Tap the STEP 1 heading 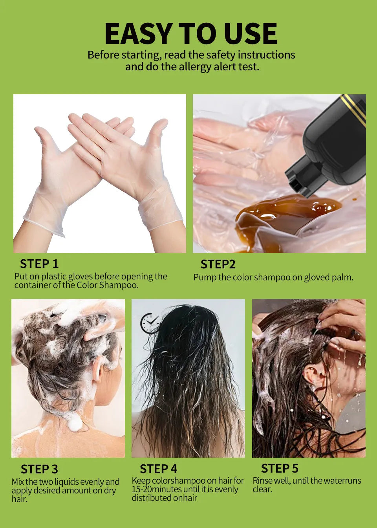click(39, 264)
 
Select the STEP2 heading click(218, 264)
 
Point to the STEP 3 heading click(39, 469)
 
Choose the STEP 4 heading click(158, 469)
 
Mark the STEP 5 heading click(280, 468)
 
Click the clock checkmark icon click(150, 323)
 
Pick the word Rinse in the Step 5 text click(262, 481)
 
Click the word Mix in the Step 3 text click(18, 482)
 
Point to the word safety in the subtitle click(220, 55)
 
